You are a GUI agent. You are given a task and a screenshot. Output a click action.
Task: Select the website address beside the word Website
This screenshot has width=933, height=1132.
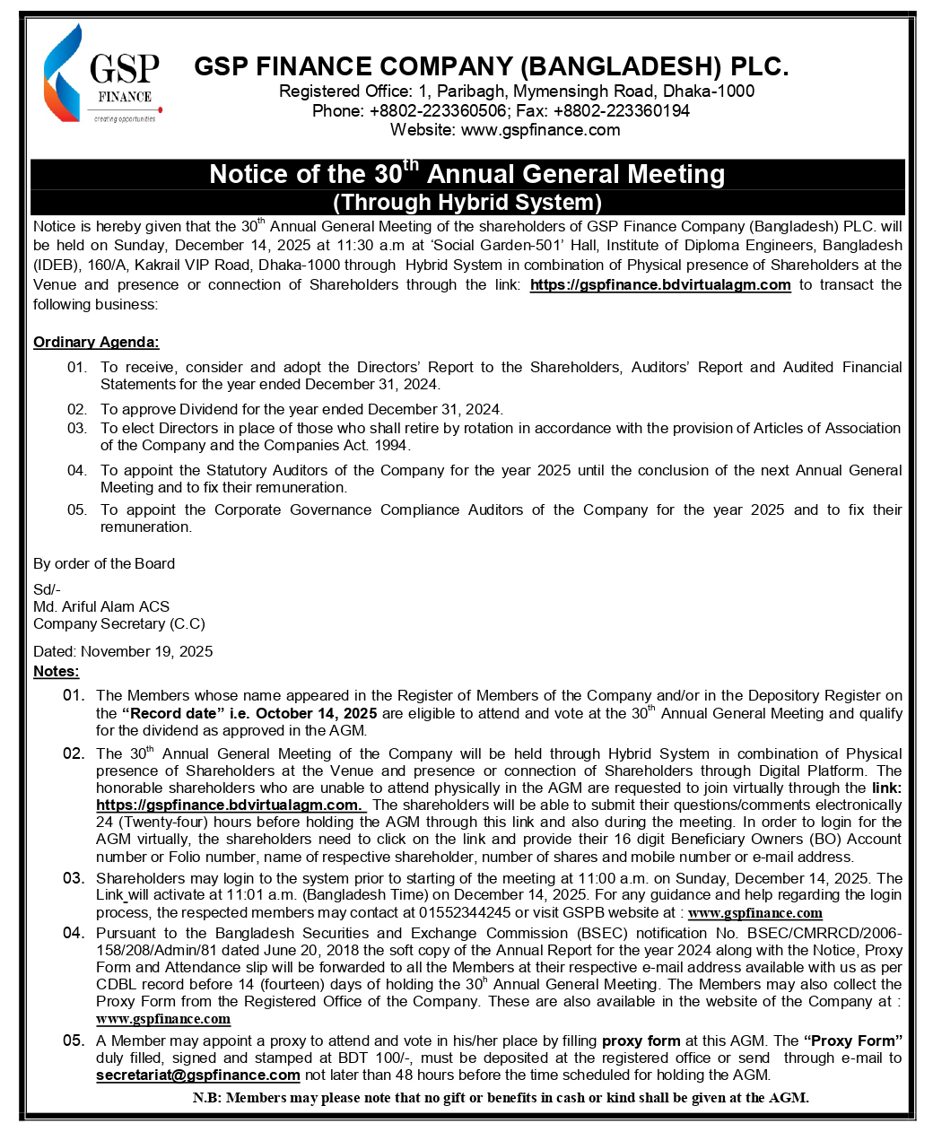540,130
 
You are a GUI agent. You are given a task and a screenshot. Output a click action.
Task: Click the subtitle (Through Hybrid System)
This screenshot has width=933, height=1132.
466,202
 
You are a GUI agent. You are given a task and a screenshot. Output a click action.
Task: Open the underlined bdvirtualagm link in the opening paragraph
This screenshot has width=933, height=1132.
660,285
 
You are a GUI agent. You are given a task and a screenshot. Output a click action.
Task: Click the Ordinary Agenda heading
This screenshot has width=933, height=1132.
96,343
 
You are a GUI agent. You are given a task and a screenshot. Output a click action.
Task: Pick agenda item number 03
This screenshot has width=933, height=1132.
77,429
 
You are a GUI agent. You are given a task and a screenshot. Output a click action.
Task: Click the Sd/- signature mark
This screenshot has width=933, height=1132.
47,589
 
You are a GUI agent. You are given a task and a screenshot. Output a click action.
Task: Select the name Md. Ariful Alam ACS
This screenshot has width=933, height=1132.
101,607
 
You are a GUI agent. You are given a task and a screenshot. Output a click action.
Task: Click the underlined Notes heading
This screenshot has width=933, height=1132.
56,672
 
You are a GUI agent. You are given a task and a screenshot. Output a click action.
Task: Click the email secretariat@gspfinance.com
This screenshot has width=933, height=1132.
198,1075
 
